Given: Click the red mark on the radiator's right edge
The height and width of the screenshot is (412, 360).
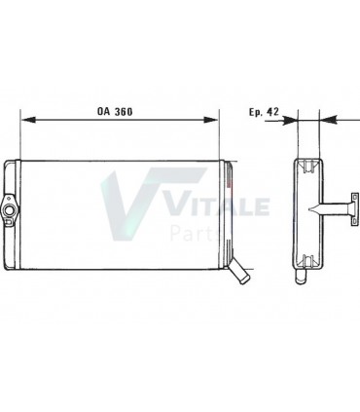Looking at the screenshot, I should coord(232,178).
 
